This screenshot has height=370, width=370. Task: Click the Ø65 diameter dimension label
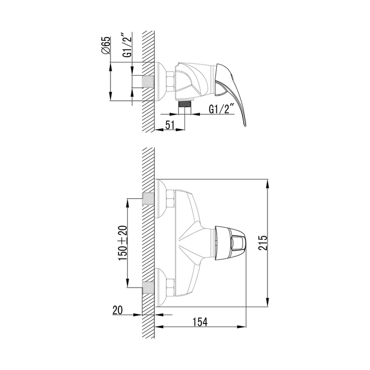click(x=106, y=45)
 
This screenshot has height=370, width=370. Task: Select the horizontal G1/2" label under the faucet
click(x=221, y=109)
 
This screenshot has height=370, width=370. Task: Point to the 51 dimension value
click(x=170, y=125)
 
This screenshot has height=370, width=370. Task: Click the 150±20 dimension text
click(x=123, y=243)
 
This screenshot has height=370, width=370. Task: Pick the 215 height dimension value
click(x=262, y=243)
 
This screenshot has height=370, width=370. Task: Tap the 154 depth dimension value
click(x=200, y=322)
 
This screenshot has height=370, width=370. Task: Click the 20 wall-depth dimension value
click(x=117, y=310)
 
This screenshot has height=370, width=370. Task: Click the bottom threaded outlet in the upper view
click(x=185, y=104)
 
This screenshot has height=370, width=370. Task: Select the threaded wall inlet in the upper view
click(x=148, y=81)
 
